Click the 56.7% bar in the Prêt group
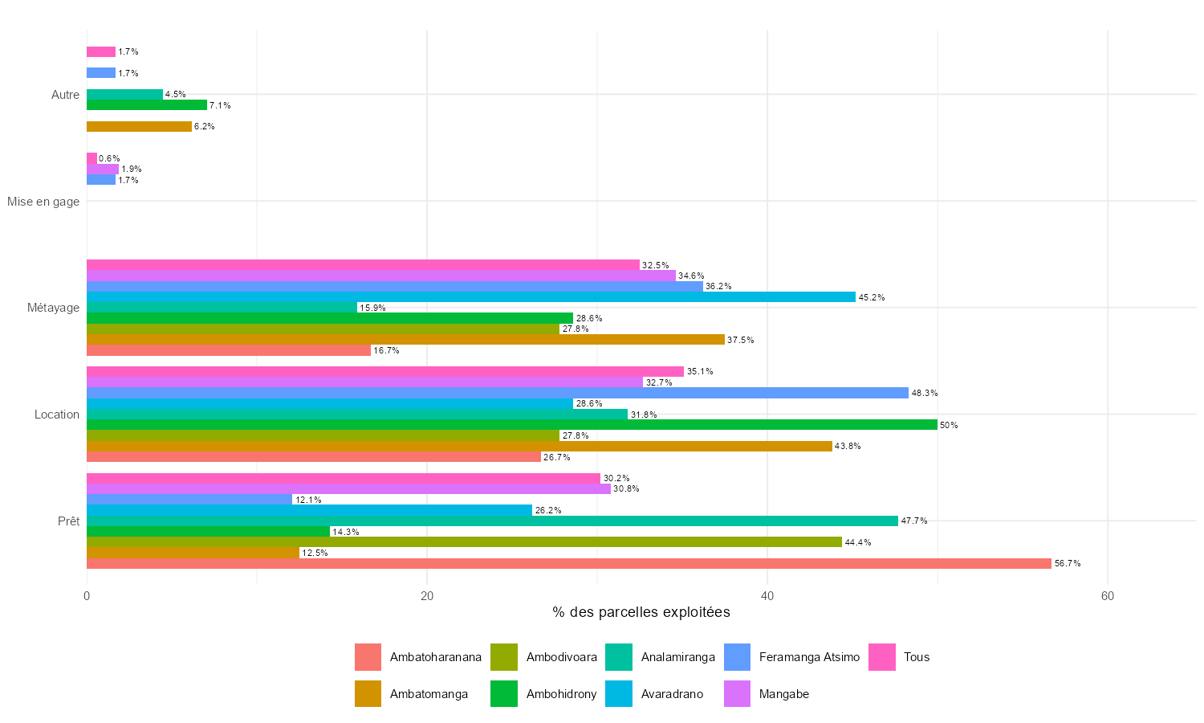568,564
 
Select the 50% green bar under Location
511,425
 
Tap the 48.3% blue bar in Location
497,393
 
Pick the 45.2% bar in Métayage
470,297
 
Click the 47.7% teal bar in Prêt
492,521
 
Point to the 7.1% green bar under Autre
146,105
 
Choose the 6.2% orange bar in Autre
139,126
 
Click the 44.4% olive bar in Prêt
464,542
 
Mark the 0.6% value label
109,158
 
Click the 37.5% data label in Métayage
740,340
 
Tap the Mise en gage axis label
43,202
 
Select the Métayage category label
53,308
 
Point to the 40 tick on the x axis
767,596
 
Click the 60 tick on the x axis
1108,596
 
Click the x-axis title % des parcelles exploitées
641,613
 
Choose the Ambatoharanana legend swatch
368,657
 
